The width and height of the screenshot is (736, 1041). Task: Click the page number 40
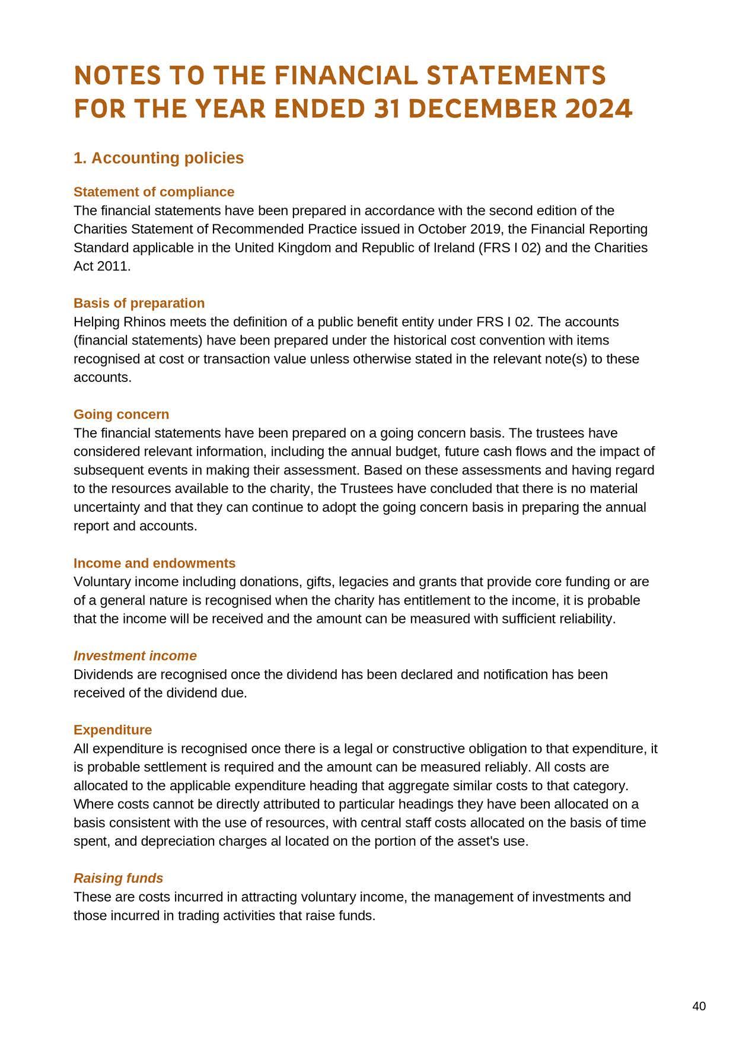pos(699,1006)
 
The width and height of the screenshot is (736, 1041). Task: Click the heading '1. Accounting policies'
pos(158,158)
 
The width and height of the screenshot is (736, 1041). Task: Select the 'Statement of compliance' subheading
pos(154,192)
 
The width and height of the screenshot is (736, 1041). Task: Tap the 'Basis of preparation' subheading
pos(139,303)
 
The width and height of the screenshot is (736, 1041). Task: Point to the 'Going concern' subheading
pos(121,414)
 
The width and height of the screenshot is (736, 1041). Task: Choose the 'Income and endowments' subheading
pos(154,563)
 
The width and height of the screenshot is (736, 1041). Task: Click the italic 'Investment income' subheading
pos(135,655)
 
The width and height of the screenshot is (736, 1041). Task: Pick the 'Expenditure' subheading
pos(113,730)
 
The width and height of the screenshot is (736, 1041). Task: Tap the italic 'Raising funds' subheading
pos(118,878)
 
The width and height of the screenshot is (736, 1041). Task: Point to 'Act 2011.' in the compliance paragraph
pos(101,266)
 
